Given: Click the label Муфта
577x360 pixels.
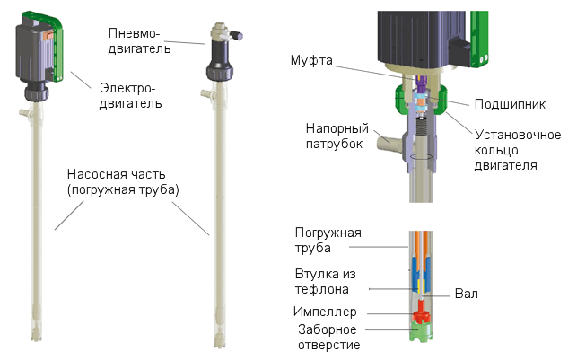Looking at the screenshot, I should (311, 60).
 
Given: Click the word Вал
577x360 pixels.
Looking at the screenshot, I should (465, 293).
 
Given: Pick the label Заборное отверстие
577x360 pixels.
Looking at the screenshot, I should (328, 337).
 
